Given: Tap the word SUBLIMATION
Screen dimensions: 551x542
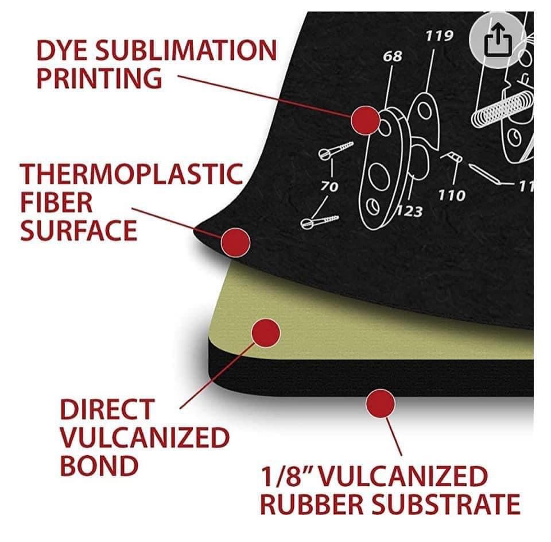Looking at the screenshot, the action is (186, 50).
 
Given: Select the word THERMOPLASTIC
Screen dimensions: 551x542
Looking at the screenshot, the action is (132, 174).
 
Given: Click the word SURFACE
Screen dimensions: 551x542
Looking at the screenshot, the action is (79, 230).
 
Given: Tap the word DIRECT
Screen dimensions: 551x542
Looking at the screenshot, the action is (107, 409).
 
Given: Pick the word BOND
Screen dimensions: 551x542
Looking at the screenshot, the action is (99, 466).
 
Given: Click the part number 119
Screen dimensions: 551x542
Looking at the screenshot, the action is (439, 36).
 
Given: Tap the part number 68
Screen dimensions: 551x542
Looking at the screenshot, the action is (393, 56).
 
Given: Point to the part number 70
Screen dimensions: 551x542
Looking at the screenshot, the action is (329, 186).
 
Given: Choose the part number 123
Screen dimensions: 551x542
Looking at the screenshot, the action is (410, 211).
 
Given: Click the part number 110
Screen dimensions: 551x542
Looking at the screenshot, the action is (452, 195).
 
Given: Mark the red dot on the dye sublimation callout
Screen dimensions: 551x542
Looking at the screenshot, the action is (366, 120).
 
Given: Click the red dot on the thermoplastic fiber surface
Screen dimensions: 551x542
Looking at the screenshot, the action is (235, 242).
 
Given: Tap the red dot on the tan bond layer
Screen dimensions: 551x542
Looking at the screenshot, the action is (266, 333).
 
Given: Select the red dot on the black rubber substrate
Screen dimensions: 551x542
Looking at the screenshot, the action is (380, 403).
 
